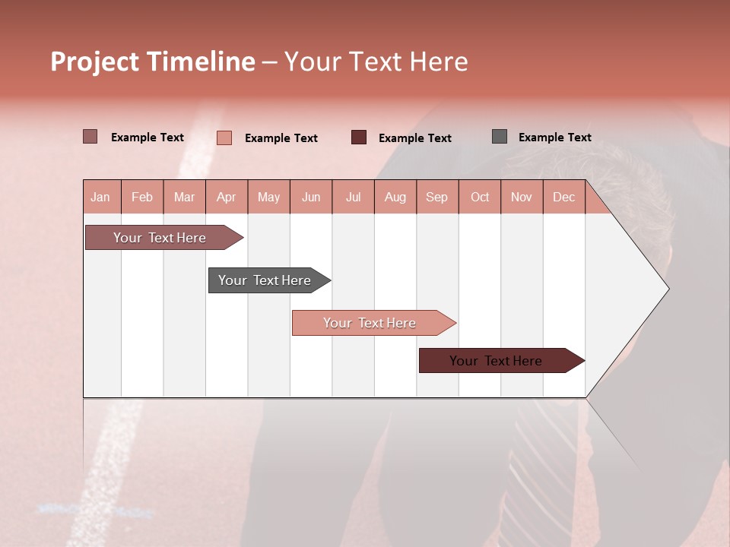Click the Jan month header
click(x=101, y=197)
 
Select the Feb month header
click(x=142, y=197)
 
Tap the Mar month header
click(x=184, y=197)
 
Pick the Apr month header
click(x=227, y=197)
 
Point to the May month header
click(x=268, y=197)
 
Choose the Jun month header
click(x=311, y=197)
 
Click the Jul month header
click(x=353, y=197)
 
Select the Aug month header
click(x=395, y=197)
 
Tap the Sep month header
click(x=437, y=197)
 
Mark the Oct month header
click(x=480, y=197)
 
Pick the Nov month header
click(x=522, y=197)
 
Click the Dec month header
click(x=564, y=197)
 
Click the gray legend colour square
click(x=500, y=137)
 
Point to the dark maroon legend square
click(x=359, y=138)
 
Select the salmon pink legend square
click(x=224, y=138)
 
